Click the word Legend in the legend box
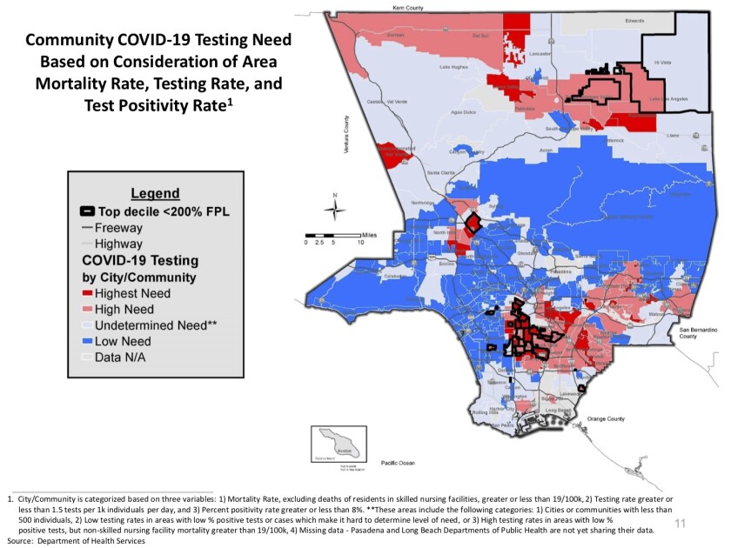(x=155, y=193)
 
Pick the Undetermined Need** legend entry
(x=149, y=325)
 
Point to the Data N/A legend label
(x=123, y=357)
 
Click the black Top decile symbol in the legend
(x=87, y=211)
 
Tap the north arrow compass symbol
(x=334, y=209)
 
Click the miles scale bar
(x=332, y=235)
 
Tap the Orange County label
(x=607, y=418)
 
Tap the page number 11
(x=681, y=524)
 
